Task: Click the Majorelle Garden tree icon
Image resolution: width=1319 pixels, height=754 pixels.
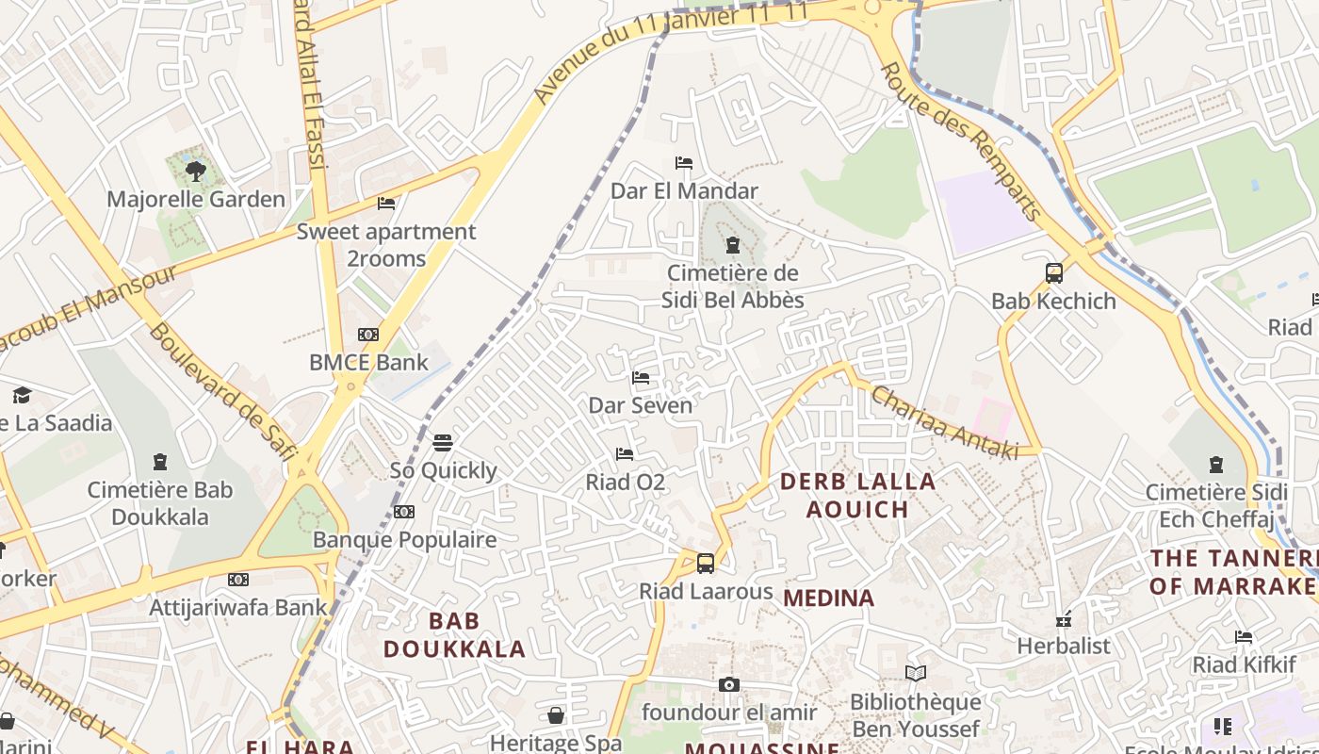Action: pos(196,172)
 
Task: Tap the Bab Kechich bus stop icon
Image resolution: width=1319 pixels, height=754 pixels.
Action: pos(1054,273)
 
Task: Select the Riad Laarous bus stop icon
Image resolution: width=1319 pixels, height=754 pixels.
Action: pos(706,564)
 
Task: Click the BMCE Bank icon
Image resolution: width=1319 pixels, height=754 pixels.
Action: pos(368,335)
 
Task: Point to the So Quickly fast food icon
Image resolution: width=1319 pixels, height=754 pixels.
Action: pos(443,442)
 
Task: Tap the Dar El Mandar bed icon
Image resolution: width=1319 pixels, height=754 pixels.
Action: pos(684,163)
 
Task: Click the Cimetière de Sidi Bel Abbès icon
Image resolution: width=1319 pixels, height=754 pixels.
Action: pos(733,246)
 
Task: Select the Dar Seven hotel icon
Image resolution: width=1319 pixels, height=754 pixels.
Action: pos(641,378)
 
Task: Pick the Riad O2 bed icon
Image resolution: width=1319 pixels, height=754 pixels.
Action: pos(625,454)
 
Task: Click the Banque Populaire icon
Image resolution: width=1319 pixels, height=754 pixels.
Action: pos(404,512)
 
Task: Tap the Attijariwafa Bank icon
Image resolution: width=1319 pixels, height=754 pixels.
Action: pos(238,580)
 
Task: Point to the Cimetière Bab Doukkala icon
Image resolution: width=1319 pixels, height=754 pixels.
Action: pos(160,462)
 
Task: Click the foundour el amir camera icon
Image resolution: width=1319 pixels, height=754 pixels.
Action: pos(729,685)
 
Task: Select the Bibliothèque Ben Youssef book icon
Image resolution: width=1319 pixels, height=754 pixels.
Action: pos(915,674)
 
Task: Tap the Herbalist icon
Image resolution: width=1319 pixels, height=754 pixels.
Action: pos(1064,619)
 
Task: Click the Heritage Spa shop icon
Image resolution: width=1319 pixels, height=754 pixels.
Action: pos(556,715)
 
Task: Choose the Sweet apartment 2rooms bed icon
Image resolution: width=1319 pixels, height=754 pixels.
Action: pos(386,204)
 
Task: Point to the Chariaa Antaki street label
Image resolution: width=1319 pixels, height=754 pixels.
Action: pos(944,422)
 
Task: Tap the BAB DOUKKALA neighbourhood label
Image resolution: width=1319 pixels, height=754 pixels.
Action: pos(454,635)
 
